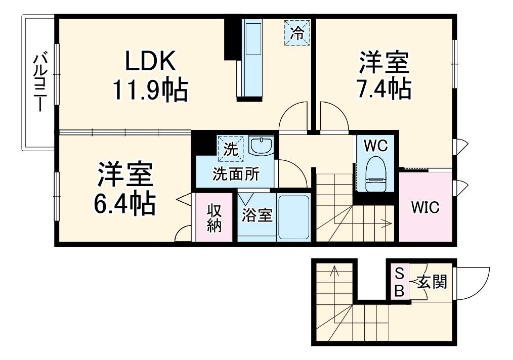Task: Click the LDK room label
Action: [x=150, y=61]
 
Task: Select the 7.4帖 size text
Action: [x=384, y=90]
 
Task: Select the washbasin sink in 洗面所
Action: [x=261, y=147]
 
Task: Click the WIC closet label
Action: [x=425, y=207]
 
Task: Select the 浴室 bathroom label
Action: [x=257, y=216]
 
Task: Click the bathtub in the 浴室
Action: [x=293, y=216]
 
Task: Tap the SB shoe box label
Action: [x=399, y=283]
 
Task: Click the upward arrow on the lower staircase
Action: [x=334, y=276]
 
